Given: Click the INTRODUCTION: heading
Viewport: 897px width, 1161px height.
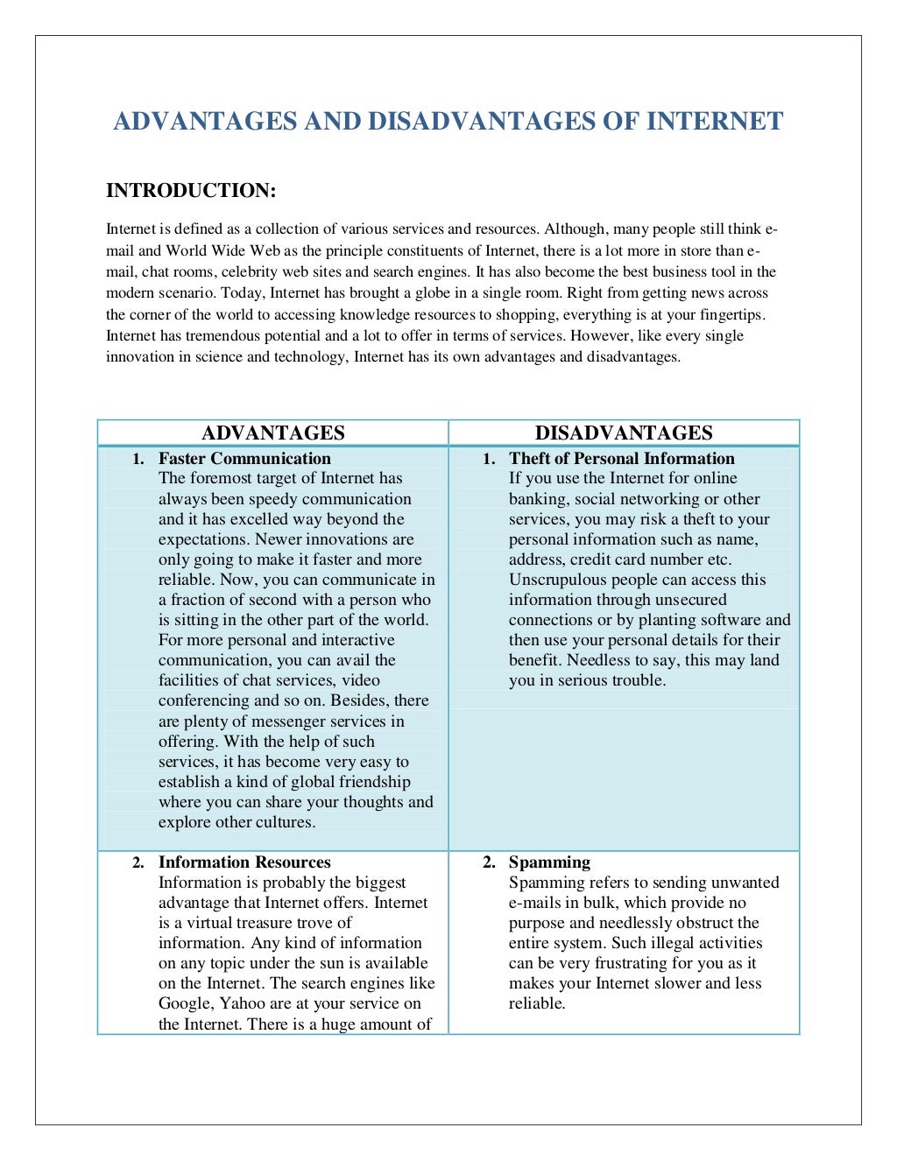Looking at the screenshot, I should (191, 191).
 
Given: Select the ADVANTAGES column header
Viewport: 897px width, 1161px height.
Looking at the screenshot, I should (273, 433).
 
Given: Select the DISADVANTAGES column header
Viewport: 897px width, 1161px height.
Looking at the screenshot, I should (624, 433).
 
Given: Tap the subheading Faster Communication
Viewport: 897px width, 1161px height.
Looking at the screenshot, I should (244, 458).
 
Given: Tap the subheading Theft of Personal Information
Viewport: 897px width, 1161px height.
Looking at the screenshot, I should (621, 458).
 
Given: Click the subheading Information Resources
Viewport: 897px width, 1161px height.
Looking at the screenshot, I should (244, 862).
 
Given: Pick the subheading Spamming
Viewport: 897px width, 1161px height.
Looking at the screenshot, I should (549, 862).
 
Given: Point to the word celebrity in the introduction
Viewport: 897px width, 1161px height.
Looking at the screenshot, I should (250, 271).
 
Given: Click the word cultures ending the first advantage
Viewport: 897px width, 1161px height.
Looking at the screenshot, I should (285, 822).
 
